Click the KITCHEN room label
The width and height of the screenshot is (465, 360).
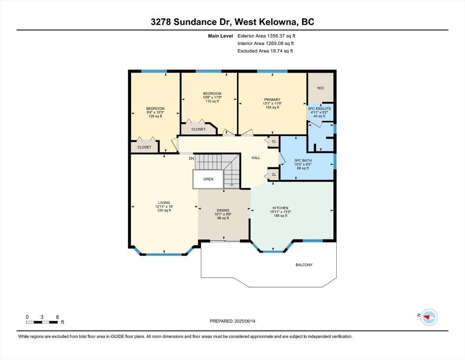280,208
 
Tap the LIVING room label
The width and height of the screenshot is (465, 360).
164,202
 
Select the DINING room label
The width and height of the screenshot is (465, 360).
223,210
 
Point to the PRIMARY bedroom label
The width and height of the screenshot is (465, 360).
272,100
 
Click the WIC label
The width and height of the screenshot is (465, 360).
321,88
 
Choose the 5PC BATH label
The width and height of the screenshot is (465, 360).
303,161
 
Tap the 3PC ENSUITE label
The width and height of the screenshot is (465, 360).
319,109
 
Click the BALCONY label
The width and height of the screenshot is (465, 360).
304,265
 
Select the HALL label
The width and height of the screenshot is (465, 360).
256,158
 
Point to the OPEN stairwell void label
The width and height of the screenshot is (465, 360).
208,179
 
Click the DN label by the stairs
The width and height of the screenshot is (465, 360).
191,158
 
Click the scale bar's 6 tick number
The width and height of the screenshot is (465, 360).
58,317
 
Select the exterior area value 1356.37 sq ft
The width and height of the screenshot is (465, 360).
281,36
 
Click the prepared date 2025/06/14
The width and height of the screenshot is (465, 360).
245,321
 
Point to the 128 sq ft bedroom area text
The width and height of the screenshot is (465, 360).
155,116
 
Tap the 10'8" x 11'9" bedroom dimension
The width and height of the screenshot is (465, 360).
212,97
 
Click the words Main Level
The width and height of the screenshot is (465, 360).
221,36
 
